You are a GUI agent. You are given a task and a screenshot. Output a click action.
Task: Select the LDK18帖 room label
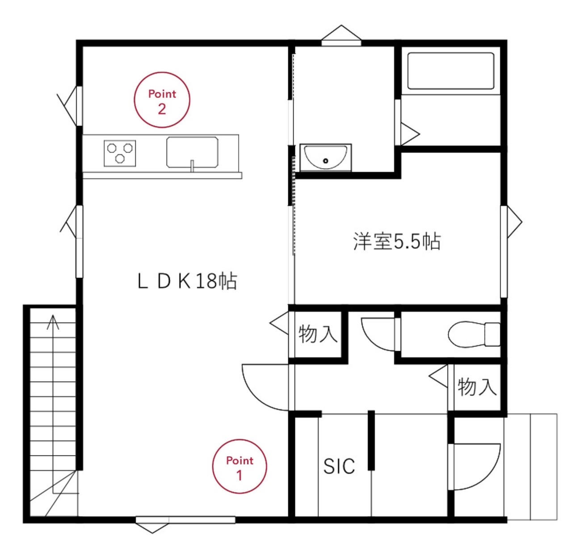point(187,281)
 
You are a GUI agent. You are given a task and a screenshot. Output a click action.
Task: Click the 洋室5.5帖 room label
point(397,241)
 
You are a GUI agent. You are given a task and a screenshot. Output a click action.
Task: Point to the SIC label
point(339,466)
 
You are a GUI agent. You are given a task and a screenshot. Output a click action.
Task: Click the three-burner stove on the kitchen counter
point(120,153)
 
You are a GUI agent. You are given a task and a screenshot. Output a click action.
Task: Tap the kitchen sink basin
point(193,152)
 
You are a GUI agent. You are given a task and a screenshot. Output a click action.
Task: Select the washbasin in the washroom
point(326,157)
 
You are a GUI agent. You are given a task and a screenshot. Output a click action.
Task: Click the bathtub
point(451,71)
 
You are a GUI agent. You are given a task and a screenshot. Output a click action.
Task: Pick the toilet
point(474,335)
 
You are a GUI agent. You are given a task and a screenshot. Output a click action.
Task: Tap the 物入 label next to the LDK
point(318,334)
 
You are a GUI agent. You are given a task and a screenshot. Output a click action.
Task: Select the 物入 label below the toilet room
point(477,386)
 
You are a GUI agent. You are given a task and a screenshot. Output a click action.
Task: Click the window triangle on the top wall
point(341,33)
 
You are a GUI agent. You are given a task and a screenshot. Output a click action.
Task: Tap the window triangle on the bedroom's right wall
point(515,222)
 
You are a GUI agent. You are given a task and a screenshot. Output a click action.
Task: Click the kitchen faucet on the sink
point(193,166)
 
